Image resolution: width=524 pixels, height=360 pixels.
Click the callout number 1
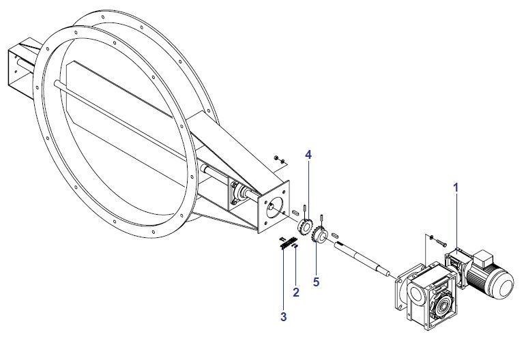point(456,187)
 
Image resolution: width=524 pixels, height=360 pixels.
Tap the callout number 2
point(295,292)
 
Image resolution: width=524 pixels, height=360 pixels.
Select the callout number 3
point(283,316)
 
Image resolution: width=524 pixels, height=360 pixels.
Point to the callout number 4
point(308,155)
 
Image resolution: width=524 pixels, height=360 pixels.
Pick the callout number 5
point(316,282)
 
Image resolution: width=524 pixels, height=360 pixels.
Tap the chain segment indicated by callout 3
point(289,243)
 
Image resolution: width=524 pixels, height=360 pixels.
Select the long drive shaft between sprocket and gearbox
point(362,259)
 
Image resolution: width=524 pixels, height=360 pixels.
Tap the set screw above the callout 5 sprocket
point(321,219)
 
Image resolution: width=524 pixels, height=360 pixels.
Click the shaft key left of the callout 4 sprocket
point(295,213)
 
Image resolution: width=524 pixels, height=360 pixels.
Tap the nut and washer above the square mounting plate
point(280,160)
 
